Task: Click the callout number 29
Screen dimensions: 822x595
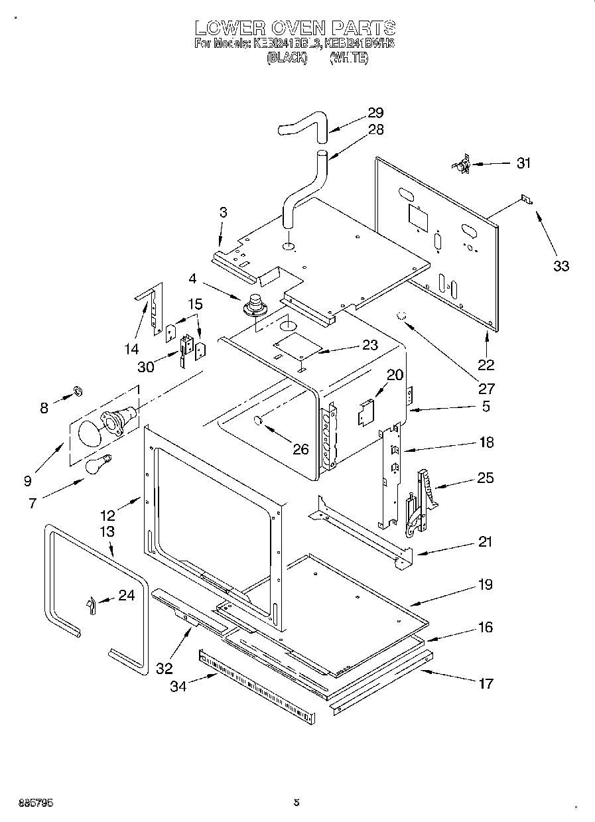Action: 375,113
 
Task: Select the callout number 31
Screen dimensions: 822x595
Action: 523,163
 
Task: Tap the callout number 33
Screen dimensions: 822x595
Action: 561,266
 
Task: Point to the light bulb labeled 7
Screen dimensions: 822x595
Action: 98,463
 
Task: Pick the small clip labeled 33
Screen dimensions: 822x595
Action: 527,199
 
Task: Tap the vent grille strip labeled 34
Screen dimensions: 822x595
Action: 256,687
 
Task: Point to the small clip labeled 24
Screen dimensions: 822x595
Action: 91,604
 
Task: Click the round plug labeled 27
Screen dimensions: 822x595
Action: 401,317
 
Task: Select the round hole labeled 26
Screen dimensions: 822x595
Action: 259,421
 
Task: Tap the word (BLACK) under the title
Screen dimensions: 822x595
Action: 287,58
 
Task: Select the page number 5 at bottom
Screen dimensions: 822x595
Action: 297,802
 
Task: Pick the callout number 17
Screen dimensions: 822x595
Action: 486,683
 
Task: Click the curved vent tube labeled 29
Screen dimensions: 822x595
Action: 302,127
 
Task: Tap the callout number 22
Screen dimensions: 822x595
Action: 486,364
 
